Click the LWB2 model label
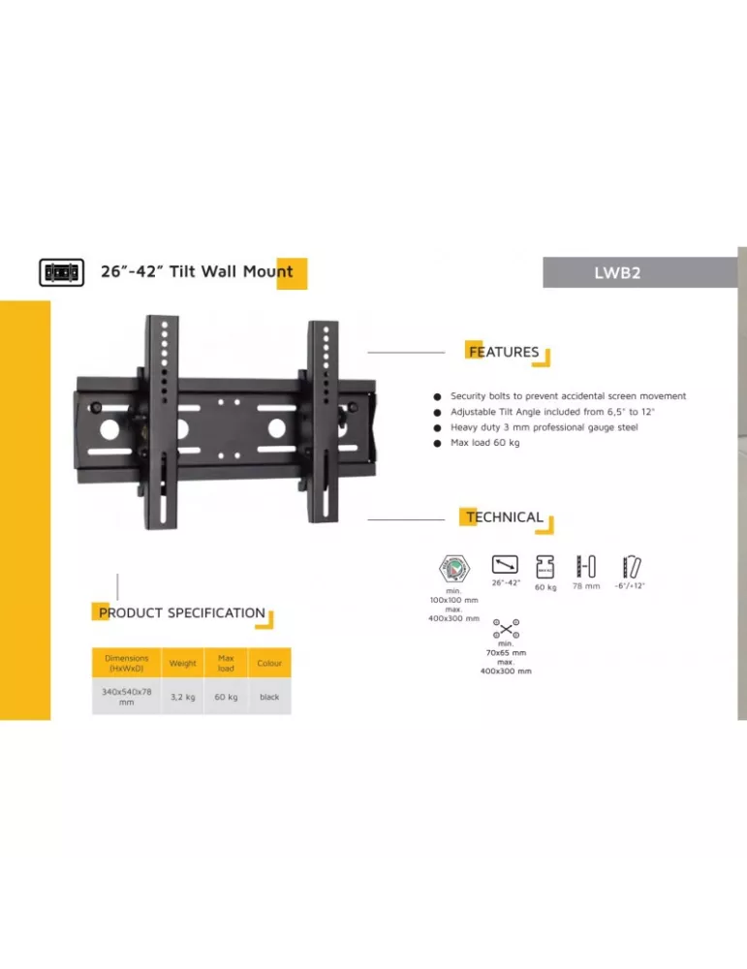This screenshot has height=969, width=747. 617,272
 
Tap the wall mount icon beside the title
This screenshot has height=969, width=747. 62,272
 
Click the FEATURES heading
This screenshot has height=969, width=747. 504,352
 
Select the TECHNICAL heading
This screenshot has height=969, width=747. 504,517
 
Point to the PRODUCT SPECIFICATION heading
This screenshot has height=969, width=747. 181,613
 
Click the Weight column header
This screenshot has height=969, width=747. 183,663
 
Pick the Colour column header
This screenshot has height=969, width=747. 269,663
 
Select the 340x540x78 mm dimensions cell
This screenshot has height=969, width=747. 127,697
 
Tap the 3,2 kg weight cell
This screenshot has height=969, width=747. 183,697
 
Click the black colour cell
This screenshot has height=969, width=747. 269,697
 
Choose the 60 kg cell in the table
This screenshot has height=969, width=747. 226,697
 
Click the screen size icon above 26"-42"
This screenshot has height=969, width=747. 505,565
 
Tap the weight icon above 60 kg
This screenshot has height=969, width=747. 545,567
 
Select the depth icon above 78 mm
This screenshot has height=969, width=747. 586,566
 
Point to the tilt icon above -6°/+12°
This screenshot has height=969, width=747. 632,567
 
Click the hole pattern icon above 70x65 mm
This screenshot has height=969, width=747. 506,629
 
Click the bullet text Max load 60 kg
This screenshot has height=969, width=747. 485,443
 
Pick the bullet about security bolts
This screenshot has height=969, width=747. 568,396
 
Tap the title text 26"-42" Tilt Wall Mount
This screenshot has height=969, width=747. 197,271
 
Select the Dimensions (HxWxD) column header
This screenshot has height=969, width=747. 127,663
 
